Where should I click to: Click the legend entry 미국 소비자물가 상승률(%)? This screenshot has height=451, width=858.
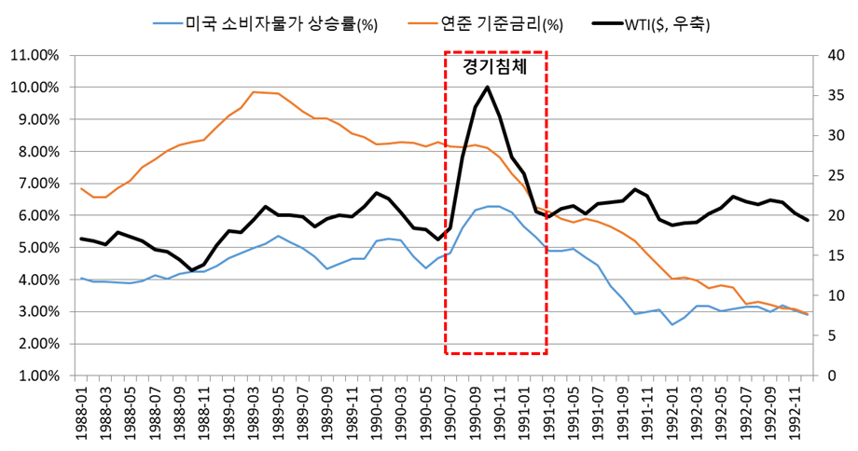[x=265, y=24]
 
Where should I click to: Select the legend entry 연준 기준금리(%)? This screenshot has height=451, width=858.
[x=485, y=24]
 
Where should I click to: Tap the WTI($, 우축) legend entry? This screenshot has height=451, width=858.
[x=651, y=24]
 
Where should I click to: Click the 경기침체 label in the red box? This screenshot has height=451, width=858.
[x=494, y=66]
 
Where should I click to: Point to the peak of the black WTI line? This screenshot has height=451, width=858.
[x=487, y=87]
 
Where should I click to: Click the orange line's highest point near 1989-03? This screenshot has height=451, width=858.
[x=253, y=92]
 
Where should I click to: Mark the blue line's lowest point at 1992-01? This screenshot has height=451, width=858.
[x=672, y=324]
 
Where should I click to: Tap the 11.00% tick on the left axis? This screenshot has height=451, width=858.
[x=34, y=55]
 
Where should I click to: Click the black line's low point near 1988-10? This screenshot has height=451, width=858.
[x=191, y=270]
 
